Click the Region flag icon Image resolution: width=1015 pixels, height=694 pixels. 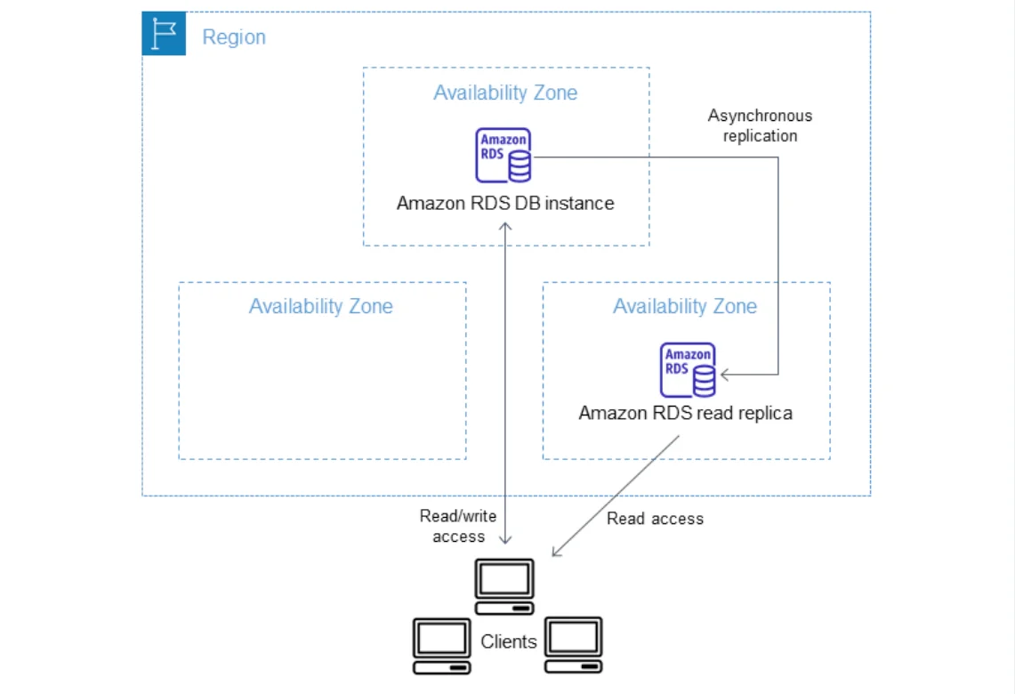pos(164,34)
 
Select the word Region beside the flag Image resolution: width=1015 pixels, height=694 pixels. pos(234,37)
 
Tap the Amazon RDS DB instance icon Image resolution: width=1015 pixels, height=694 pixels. pos(504,156)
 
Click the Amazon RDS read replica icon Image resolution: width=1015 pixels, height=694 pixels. pos(689,369)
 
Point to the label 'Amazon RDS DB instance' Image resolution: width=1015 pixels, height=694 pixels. pos(505,203)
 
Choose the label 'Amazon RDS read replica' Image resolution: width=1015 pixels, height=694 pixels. pos(685,413)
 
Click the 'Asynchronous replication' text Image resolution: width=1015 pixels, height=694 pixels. pos(760,125)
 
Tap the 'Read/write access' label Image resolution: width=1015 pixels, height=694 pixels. pos(458,526)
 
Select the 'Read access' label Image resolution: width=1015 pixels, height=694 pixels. pos(655,519)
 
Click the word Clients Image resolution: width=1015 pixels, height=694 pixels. pos(509,642)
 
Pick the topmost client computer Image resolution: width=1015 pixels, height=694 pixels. pos(504,586)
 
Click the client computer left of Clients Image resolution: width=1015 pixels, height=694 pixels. pos(441,645)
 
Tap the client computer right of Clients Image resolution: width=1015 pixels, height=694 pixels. pos(574,645)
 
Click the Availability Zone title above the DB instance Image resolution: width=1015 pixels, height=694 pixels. pos(505,93)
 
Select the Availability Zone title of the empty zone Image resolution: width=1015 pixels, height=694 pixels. pos(321,307)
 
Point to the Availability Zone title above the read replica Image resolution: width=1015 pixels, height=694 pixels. pos(685,307)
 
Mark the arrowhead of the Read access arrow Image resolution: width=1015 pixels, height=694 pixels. pos(555,553)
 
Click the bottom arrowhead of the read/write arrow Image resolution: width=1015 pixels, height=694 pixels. pos(506,541)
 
